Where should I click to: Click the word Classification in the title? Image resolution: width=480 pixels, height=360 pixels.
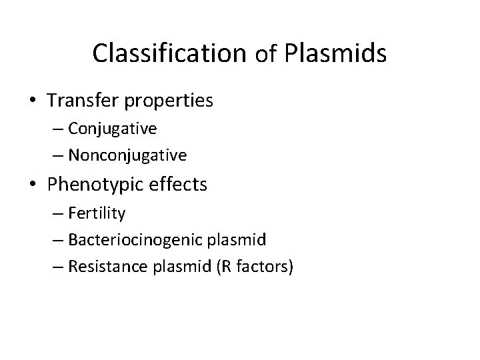[x=170, y=53]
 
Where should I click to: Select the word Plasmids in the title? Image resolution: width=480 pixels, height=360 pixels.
[x=335, y=53]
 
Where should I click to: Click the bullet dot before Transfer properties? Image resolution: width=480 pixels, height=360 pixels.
[x=33, y=101]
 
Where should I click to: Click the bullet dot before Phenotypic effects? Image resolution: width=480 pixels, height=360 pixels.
[x=33, y=184]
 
